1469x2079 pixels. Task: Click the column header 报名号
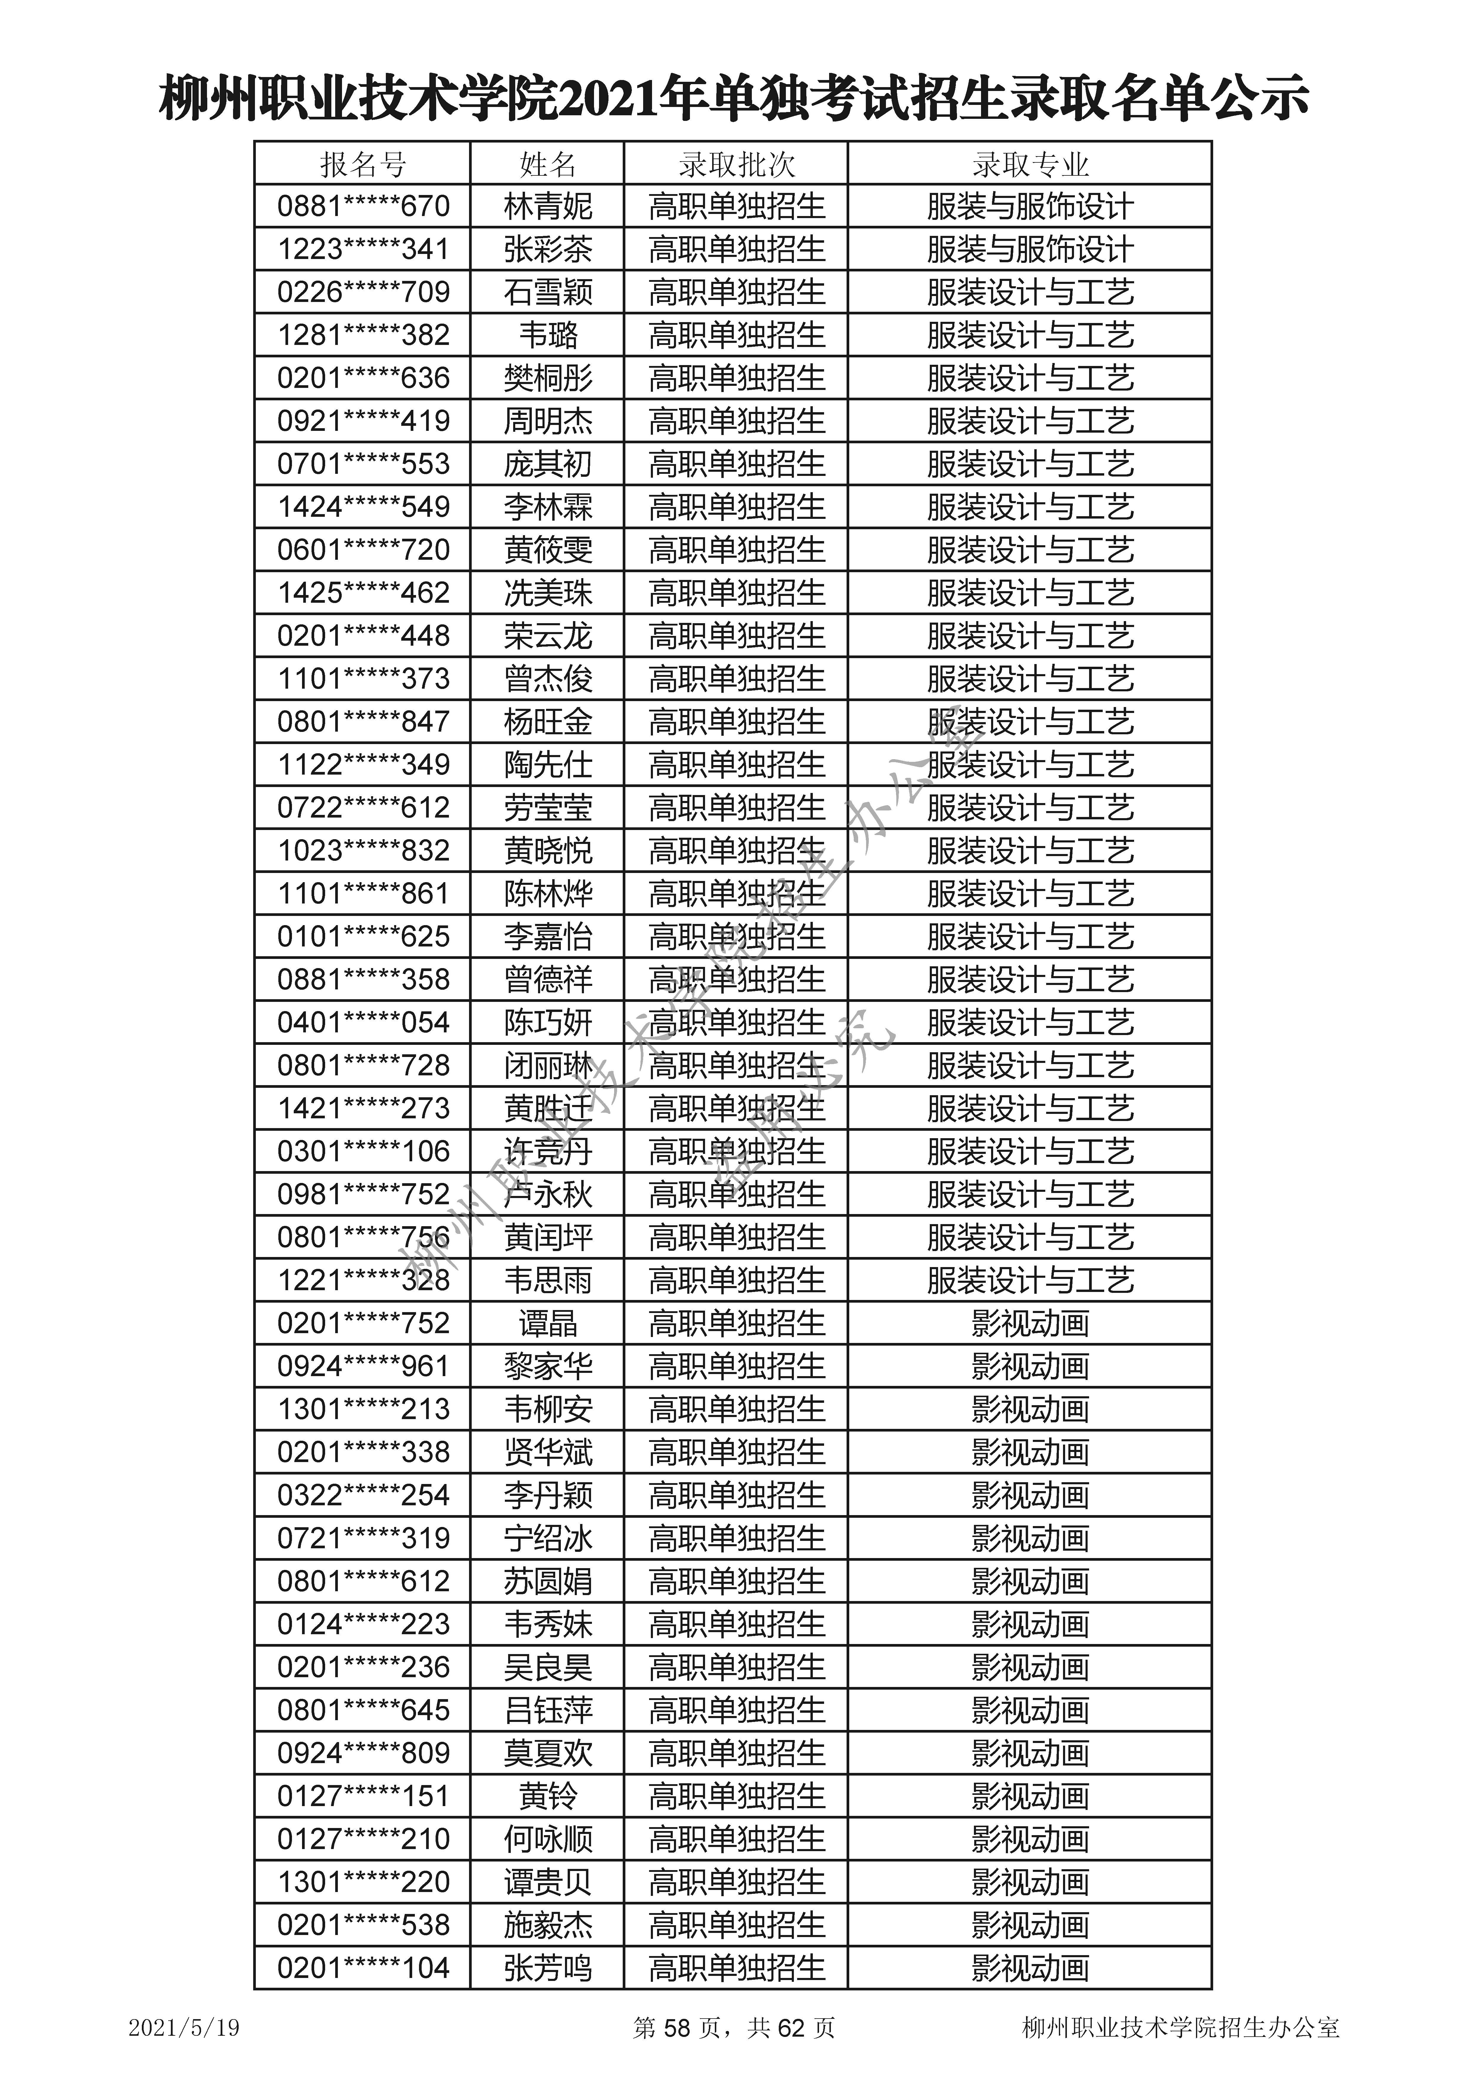coord(363,165)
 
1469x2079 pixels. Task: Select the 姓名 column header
coord(548,165)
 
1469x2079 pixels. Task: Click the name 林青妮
coord(548,207)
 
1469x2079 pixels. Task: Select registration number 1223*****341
coord(363,249)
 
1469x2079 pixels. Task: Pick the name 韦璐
coord(548,335)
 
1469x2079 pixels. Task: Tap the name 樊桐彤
coord(548,378)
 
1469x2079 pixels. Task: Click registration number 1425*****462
coord(363,592)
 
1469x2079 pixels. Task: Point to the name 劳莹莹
coord(548,807)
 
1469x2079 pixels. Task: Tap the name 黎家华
coord(548,1365)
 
